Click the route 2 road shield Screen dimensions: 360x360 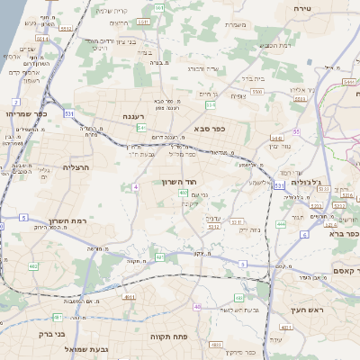tap(16, 102)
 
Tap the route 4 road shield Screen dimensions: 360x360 tap(134, 186)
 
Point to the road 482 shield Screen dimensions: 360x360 tap(33, 266)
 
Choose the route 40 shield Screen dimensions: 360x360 tap(197, 307)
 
